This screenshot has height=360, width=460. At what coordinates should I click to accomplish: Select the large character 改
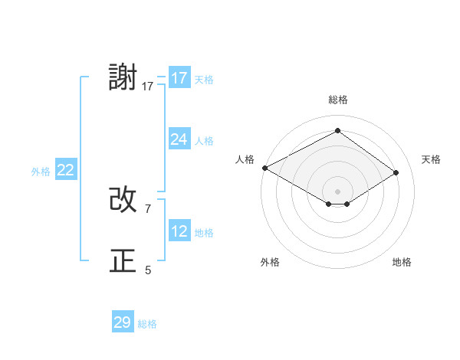[x=123, y=200]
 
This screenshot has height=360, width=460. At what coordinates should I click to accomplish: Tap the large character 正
[x=123, y=261]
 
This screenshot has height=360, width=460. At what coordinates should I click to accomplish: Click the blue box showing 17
[x=179, y=78]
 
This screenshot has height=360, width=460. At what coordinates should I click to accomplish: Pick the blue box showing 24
[x=179, y=139]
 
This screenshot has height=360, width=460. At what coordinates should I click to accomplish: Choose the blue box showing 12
[x=179, y=231]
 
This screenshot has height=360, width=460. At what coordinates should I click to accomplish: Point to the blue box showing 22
[x=66, y=170]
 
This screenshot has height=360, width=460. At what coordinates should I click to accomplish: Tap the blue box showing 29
[x=123, y=322]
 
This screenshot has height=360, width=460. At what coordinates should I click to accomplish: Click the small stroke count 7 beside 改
[x=148, y=208]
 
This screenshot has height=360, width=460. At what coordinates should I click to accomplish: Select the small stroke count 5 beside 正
[x=148, y=270]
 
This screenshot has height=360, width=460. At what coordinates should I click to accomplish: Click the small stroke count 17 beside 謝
[x=148, y=87]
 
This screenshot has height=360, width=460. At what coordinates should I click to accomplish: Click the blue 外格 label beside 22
[x=41, y=172]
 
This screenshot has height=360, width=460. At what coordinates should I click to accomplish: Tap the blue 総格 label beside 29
[x=148, y=324]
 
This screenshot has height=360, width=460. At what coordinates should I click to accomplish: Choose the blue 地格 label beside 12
[x=204, y=233]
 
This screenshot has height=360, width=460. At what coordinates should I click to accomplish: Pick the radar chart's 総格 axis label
[x=337, y=100]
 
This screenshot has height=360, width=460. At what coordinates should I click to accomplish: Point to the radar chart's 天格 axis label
[x=432, y=159]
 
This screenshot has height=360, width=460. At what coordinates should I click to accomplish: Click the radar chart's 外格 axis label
[x=270, y=263]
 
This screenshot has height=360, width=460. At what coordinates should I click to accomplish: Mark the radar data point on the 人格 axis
[x=264, y=167]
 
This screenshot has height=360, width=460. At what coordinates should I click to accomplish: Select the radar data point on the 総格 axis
[x=337, y=131]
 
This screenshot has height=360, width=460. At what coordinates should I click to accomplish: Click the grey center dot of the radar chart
[x=337, y=190]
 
